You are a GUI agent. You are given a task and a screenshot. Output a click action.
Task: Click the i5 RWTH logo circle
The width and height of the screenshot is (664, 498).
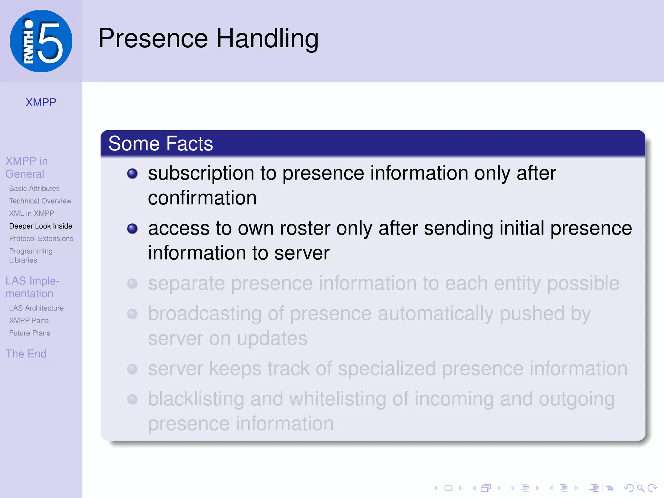tap(41, 41)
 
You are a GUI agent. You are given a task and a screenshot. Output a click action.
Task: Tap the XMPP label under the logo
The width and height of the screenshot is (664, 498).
tap(41, 102)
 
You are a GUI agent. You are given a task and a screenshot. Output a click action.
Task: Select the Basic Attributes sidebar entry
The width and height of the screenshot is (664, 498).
tap(34, 188)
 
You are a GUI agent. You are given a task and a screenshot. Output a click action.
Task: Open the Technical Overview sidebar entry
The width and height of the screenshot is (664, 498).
tap(40, 201)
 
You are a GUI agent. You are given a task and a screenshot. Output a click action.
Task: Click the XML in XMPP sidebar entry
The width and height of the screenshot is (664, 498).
tap(32, 213)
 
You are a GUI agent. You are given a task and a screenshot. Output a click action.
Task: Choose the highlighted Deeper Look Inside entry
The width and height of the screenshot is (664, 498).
tap(41, 226)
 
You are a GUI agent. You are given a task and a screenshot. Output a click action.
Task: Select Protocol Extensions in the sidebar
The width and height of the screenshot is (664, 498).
tap(41, 239)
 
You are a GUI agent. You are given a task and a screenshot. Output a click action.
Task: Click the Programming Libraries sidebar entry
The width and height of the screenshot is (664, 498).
tap(31, 255)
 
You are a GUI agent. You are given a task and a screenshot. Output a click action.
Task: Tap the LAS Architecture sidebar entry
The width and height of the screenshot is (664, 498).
tap(36, 308)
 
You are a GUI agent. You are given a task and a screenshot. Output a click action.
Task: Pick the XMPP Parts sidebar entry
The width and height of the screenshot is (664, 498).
tap(29, 321)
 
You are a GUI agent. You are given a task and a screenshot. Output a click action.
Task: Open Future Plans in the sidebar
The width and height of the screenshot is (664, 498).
tap(30, 333)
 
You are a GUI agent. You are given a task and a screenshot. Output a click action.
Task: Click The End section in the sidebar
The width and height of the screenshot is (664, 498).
tap(26, 354)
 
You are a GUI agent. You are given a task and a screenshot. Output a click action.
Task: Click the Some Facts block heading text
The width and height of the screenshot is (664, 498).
tap(160, 144)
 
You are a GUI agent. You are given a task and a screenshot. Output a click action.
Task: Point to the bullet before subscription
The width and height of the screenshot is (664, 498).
tap(132, 173)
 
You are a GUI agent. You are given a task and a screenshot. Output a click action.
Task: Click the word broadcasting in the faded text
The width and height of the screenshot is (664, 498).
tap(205, 314)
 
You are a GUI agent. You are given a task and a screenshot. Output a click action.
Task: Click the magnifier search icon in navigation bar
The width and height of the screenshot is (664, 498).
tap(640, 488)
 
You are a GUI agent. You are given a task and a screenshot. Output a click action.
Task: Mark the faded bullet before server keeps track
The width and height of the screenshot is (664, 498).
tap(132, 369)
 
